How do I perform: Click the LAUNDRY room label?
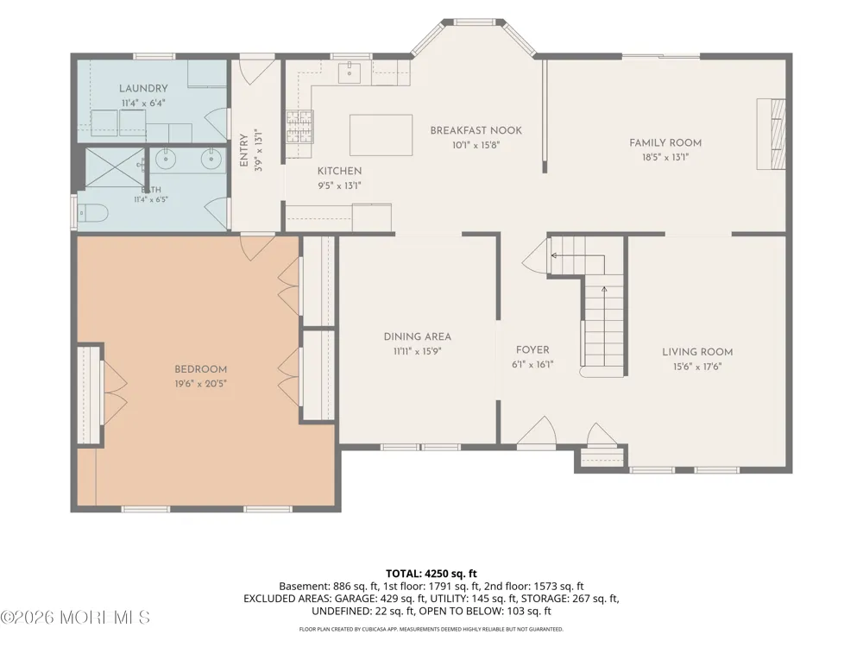[x=143, y=89]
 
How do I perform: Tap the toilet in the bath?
[x=92, y=213]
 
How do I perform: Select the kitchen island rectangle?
[x=381, y=135]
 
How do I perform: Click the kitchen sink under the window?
[x=349, y=72]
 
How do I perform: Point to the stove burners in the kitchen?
[x=299, y=126]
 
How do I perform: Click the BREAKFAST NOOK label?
[x=476, y=130]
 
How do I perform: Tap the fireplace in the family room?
[x=771, y=134]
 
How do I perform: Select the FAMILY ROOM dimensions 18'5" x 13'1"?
[x=665, y=157]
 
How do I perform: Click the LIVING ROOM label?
[x=697, y=352]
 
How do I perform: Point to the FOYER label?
[x=532, y=350]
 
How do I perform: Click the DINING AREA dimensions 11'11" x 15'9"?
[x=417, y=352]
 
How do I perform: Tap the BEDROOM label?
[x=201, y=370]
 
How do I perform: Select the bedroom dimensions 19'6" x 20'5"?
[x=201, y=384]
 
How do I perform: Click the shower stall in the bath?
[x=115, y=167]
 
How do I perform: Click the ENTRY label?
[x=244, y=150]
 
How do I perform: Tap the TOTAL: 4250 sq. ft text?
[x=431, y=574]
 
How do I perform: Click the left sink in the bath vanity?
[x=165, y=160]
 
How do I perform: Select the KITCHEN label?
[x=339, y=171]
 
